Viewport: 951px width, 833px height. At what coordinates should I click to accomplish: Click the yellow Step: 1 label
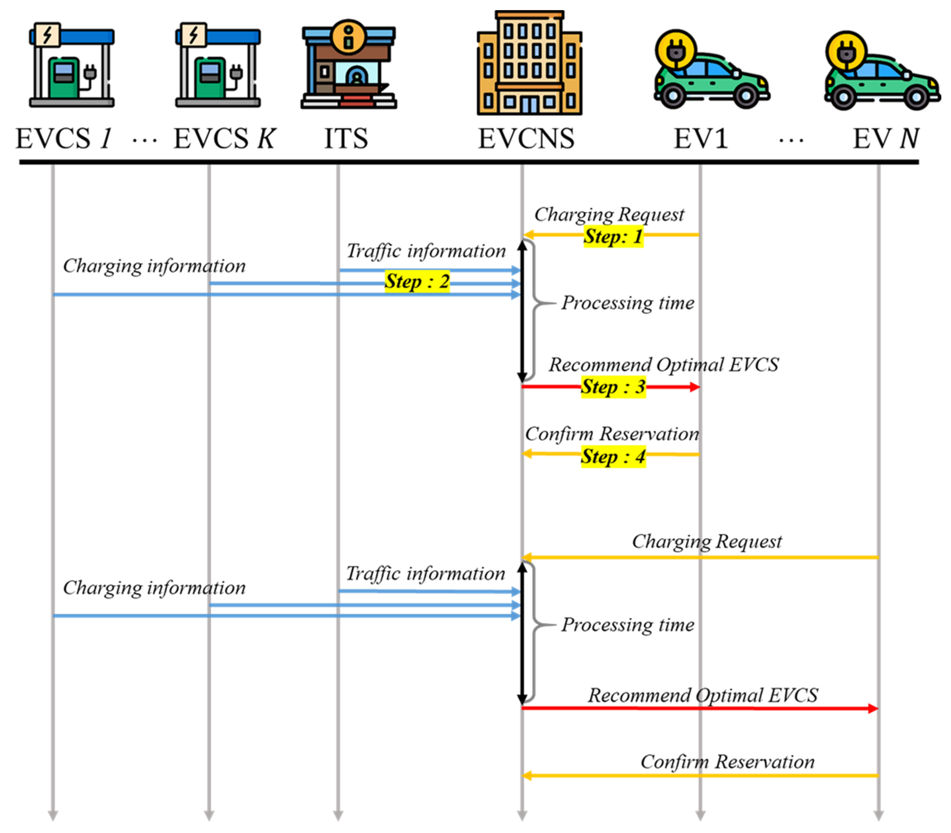613,237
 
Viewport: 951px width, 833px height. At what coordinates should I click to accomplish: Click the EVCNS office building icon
529,64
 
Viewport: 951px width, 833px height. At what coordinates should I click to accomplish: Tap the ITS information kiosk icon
348,65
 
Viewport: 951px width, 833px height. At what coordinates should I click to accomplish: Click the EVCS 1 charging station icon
72,65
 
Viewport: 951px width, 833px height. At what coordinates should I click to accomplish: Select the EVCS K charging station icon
218,65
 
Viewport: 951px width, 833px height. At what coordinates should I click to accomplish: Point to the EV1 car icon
712,74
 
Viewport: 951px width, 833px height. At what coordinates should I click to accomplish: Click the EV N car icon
882,74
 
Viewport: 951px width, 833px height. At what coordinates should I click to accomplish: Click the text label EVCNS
526,139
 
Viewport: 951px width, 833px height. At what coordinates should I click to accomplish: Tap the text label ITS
346,139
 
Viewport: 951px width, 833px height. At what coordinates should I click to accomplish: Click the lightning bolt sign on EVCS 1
48,34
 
